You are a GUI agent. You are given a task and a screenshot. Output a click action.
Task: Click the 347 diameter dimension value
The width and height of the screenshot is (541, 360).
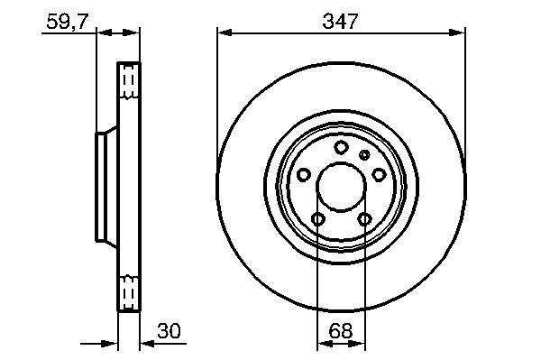tap(340, 22)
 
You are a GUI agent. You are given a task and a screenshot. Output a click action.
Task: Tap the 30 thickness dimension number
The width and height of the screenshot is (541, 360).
tap(169, 331)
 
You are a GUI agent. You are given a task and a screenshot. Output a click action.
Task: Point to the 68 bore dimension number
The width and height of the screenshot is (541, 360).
tap(341, 331)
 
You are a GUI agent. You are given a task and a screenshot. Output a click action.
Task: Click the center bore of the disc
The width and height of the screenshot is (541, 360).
tap(341, 187)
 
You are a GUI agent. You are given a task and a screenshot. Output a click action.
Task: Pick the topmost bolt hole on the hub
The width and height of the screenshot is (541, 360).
tap(341, 147)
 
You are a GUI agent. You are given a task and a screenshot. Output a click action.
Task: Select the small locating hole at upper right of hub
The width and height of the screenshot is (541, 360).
tap(364, 154)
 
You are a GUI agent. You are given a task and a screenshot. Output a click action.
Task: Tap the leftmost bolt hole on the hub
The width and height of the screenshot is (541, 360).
tap(304, 175)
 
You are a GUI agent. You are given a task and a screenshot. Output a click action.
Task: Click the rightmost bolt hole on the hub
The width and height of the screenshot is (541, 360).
tap(379, 174)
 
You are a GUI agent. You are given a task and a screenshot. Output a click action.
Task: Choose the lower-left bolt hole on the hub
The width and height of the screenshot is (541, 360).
tap(317, 219)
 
